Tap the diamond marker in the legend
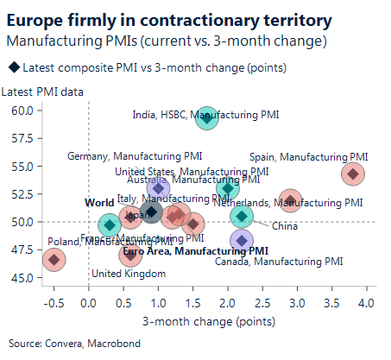coord(14,66)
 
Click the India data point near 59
coord(207,118)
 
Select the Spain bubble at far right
coord(351,174)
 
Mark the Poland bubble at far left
coord(54,259)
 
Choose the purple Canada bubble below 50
coord(243,241)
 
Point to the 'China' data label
coord(284,226)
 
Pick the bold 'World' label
coord(98,202)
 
